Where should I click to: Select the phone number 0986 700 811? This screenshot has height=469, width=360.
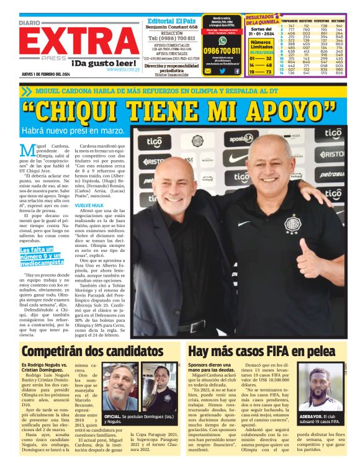pyautogui.click(x=222, y=51)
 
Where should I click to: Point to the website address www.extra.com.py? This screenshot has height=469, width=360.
pyautogui.click(x=123, y=69)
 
